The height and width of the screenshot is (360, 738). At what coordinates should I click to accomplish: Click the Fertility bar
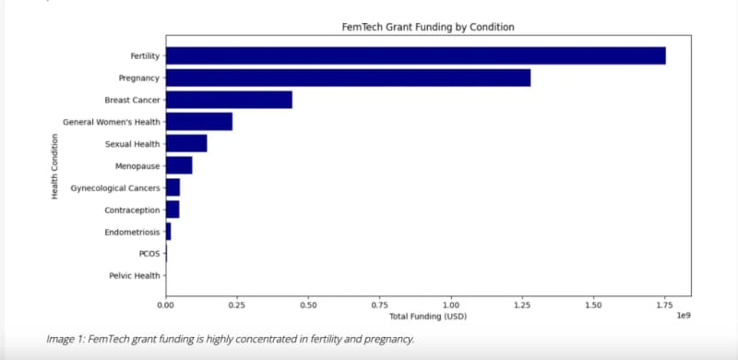(x=415, y=56)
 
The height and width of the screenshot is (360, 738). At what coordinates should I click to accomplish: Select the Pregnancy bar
(x=348, y=78)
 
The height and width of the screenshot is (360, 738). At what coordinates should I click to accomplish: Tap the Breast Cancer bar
(x=229, y=100)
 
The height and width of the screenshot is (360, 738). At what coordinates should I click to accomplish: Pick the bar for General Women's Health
(x=198, y=122)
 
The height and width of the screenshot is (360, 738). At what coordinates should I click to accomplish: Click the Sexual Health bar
(x=186, y=143)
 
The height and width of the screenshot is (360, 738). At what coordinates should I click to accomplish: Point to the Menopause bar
(x=179, y=165)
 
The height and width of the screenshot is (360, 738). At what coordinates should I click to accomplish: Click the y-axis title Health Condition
(x=54, y=165)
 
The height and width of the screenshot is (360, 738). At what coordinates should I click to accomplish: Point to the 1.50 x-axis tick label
(x=593, y=304)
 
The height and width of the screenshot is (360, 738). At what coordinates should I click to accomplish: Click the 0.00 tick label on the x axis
(x=166, y=304)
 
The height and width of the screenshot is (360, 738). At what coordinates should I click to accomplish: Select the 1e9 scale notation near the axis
(x=684, y=316)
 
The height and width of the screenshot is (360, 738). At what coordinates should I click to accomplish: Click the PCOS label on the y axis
(x=149, y=254)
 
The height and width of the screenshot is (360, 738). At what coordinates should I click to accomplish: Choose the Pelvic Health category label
(x=135, y=275)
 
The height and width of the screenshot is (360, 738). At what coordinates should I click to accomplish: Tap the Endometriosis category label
(x=132, y=232)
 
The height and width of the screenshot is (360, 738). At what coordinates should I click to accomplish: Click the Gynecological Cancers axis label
(x=115, y=188)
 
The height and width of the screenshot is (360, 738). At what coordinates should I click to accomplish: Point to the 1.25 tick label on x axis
(x=522, y=304)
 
